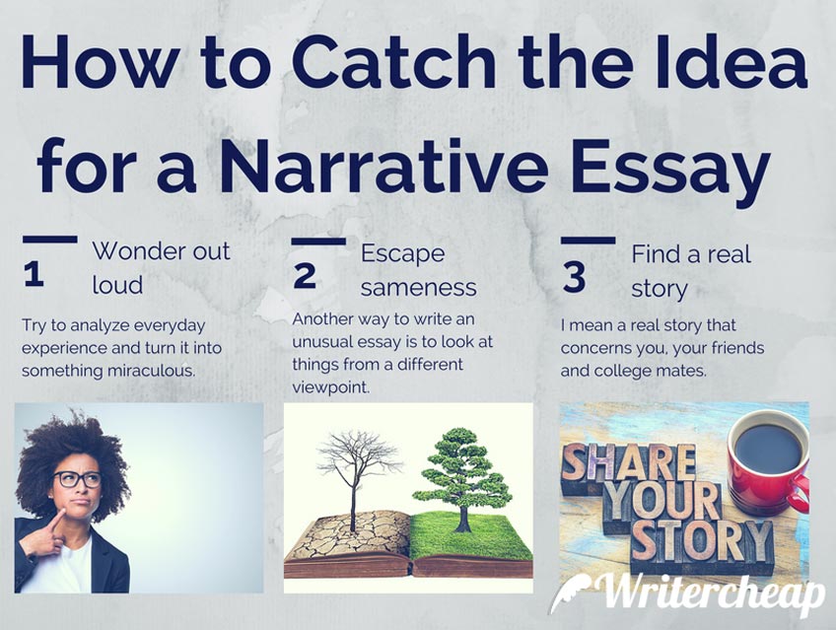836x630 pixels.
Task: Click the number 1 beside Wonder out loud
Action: pos(34,275)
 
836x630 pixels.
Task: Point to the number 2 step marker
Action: pos(305,276)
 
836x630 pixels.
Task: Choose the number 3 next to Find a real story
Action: pos(574,278)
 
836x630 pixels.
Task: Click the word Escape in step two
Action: pos(402,254)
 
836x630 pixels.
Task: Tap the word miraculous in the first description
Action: pos(151,371)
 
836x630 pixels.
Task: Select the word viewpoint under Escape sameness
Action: pos(330,387)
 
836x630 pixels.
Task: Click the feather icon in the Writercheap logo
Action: pos(573,593)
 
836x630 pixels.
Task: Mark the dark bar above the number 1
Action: pos(50,240)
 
